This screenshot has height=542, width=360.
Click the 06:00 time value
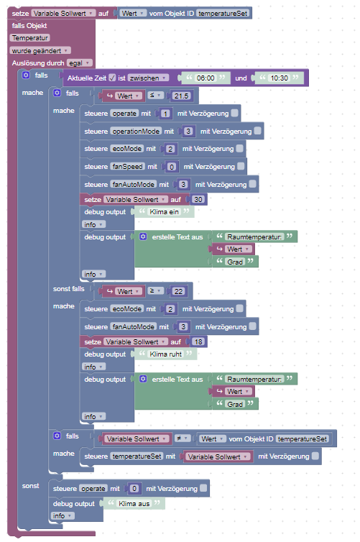tap(206, 78)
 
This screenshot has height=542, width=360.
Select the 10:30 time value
tap(279, 78)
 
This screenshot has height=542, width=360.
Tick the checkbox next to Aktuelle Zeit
tap(112, 78)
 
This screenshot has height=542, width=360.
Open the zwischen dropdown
tap(148, 78)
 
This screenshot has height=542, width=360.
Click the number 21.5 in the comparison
tap(181, 96)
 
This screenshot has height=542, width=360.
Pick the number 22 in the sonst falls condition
tap(178, 291)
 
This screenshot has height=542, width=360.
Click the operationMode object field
tap(136, 132)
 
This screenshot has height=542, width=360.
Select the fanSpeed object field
tap(127, 167)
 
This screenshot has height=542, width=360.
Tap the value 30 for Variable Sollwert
tap(198, 199)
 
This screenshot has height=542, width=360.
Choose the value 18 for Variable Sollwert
tap(198, 342)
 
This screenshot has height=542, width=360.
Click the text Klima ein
tap(164, 212)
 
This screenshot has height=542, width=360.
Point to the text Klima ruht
tap(165, 354)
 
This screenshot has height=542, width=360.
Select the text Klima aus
tap(134, 504)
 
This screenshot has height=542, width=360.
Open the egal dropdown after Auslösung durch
tap(80, 63)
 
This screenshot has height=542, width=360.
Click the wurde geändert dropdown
tap(40, 51)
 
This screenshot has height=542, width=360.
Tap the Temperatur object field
tap(30, 38)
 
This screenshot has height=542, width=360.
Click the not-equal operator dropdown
tap(183, 438)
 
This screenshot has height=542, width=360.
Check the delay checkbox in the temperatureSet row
tap(315, 456)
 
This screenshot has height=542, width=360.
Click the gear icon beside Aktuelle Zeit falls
tap(26, 75)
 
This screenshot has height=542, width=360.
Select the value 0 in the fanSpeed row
tap(171, 167)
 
